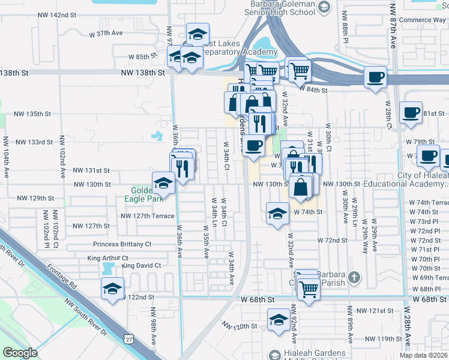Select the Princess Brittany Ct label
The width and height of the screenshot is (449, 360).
(x=122, y=244)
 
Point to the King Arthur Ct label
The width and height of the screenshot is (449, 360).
(x=103, y=258)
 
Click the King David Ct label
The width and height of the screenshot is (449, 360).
(x=141, y=265)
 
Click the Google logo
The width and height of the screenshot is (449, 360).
(x=20, y=353)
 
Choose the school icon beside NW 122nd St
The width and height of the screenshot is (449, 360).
(x=112, y=287)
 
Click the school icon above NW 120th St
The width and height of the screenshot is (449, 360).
(x=279, y=319)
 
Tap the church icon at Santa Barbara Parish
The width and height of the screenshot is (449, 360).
(x=354, y=277)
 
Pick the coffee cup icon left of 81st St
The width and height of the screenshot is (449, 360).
(x=411, y=112)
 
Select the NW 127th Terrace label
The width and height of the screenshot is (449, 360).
(x=147, y=216)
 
